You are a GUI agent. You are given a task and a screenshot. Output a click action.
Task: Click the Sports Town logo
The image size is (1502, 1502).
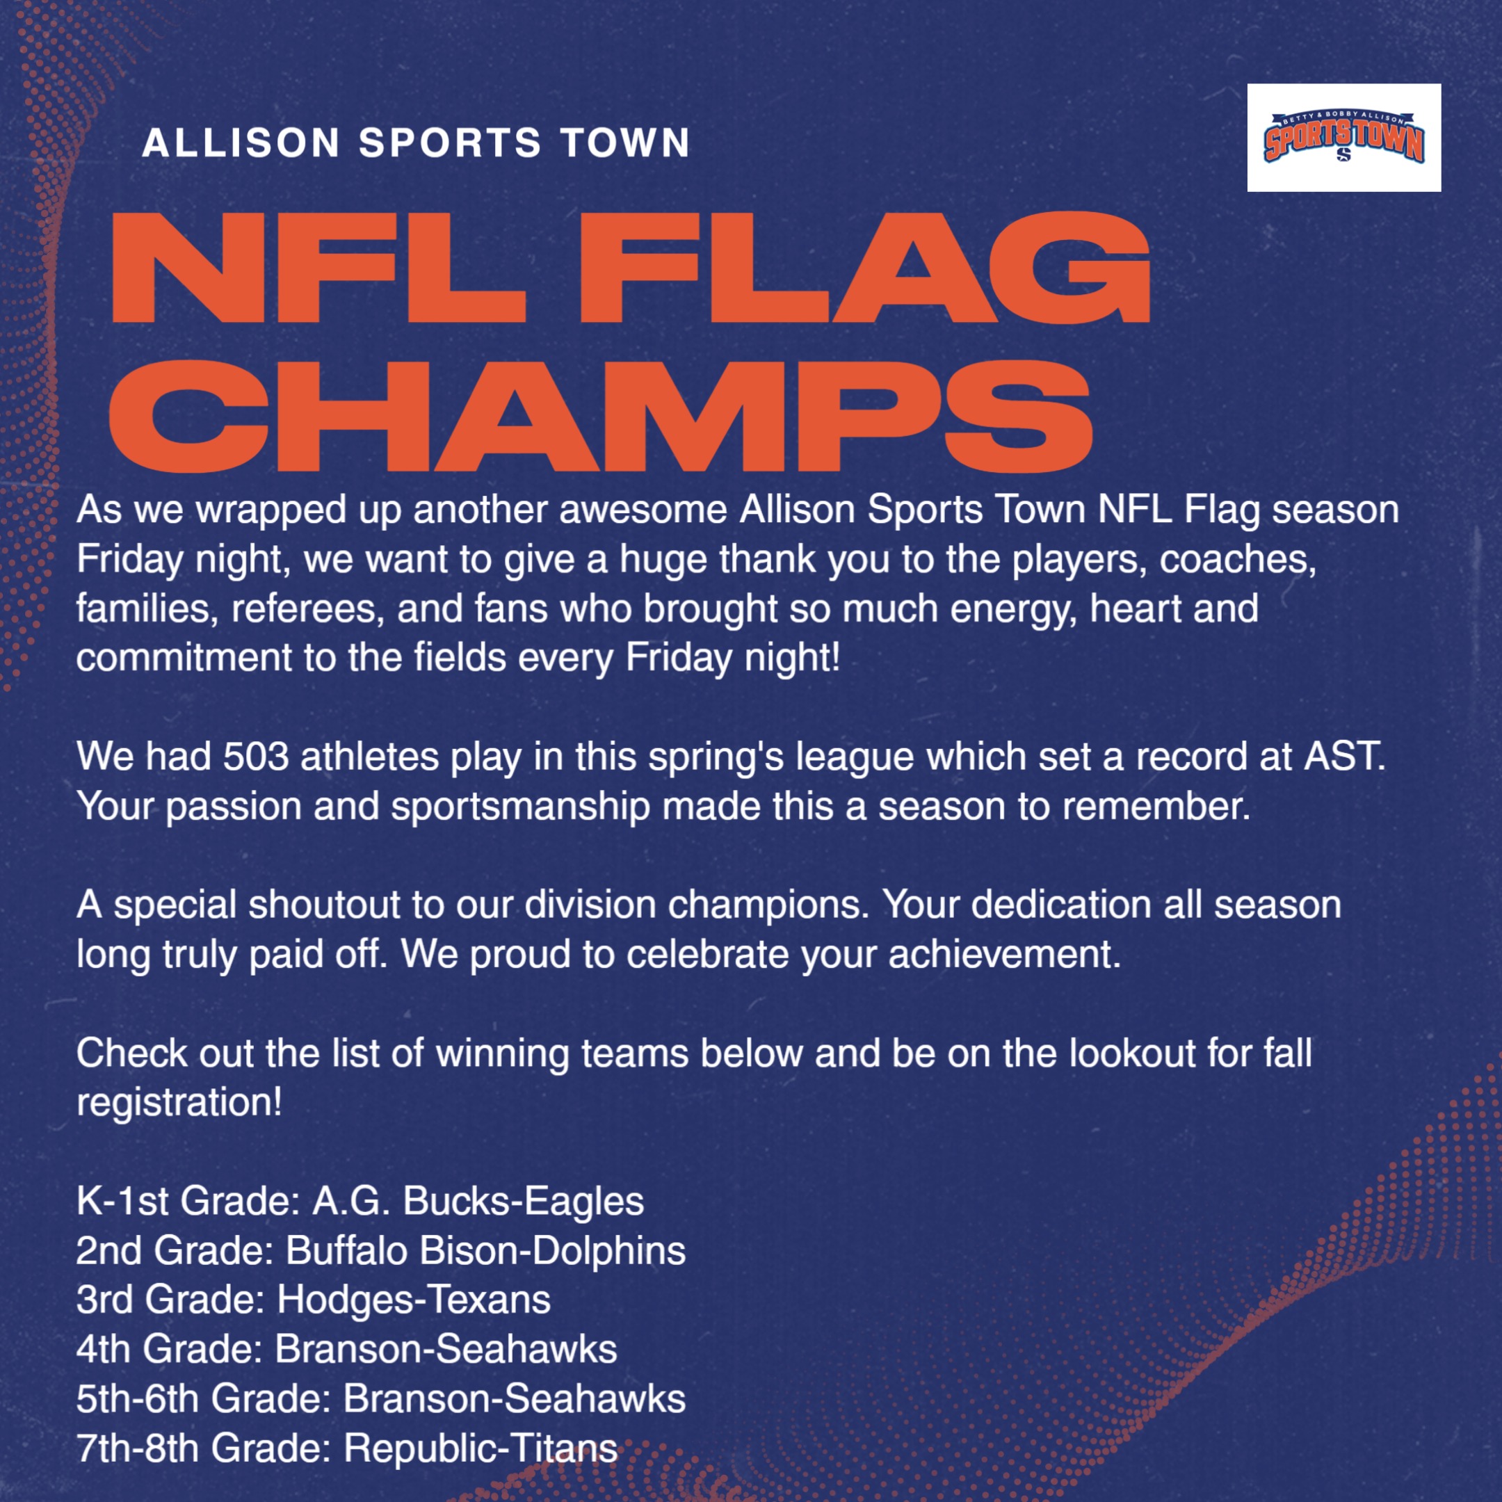point(1344,137)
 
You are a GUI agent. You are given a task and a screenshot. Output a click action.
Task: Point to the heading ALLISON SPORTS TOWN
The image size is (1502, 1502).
point(416,143)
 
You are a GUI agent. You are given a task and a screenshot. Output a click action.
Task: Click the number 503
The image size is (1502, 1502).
point(257,757)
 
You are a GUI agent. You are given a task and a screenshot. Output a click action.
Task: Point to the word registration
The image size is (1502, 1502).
point(179,1103)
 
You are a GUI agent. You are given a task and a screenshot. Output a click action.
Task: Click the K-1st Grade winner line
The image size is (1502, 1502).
point(360,1201)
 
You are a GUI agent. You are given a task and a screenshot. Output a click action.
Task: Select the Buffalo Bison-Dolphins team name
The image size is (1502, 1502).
point(486,1251)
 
